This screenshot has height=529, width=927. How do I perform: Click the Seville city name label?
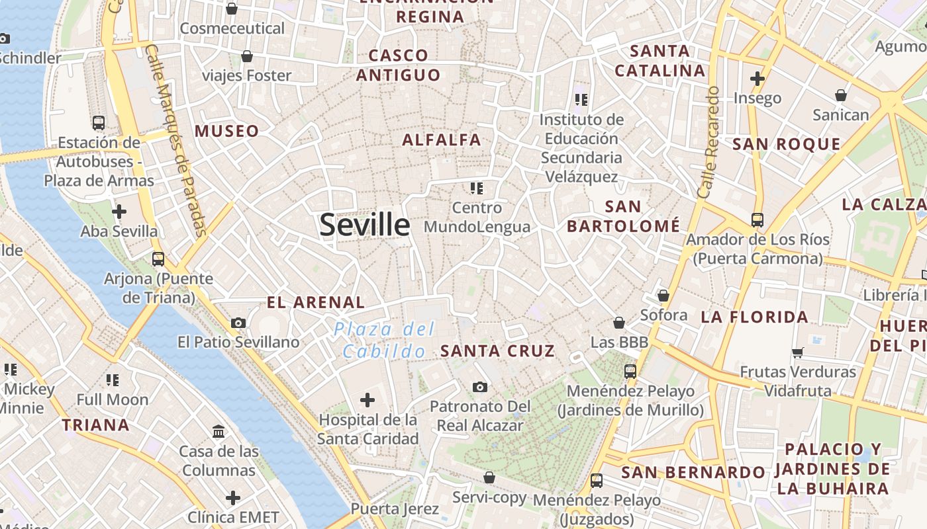click(365, 225)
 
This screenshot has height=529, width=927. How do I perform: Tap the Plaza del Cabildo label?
click(384, 339)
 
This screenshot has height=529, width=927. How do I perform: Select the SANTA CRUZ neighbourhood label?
click(497, 351)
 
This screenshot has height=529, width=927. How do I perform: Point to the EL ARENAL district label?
click(315, 303)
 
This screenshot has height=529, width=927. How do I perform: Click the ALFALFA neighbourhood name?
click(442, 140)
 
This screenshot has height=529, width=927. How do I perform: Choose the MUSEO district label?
click(226, 131)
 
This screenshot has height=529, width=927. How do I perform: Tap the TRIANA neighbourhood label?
click(96, 425)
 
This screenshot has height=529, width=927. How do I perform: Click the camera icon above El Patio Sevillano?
click(238, 323)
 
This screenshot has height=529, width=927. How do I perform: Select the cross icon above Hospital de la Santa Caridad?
click(367, 399)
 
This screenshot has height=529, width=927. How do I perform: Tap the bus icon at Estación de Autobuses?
click(99, 122)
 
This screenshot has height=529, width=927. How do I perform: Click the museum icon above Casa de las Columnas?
click(219, 432)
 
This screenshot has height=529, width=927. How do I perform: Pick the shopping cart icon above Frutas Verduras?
click(797, 352)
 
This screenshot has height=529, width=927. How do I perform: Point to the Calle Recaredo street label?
click(708, 142)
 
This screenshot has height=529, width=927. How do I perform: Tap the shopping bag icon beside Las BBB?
click(619, 323)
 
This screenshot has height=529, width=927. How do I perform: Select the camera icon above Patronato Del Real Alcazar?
click(480, 387)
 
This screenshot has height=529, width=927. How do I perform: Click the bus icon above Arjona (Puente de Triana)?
click(158, 259)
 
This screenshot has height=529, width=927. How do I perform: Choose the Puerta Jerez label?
click(395, 509)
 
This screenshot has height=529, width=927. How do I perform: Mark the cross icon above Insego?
click(757, 79)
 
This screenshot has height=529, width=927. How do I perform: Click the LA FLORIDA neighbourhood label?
click(754, 317)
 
